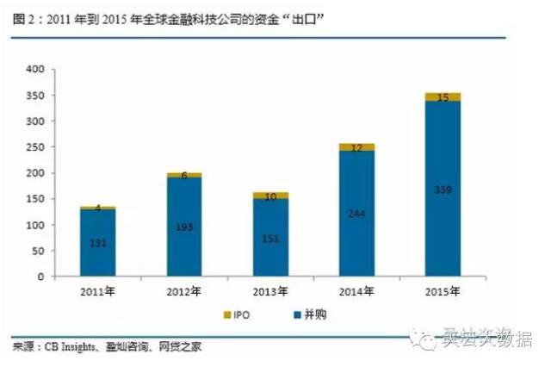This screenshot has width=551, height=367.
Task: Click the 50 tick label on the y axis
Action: point(38,252)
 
